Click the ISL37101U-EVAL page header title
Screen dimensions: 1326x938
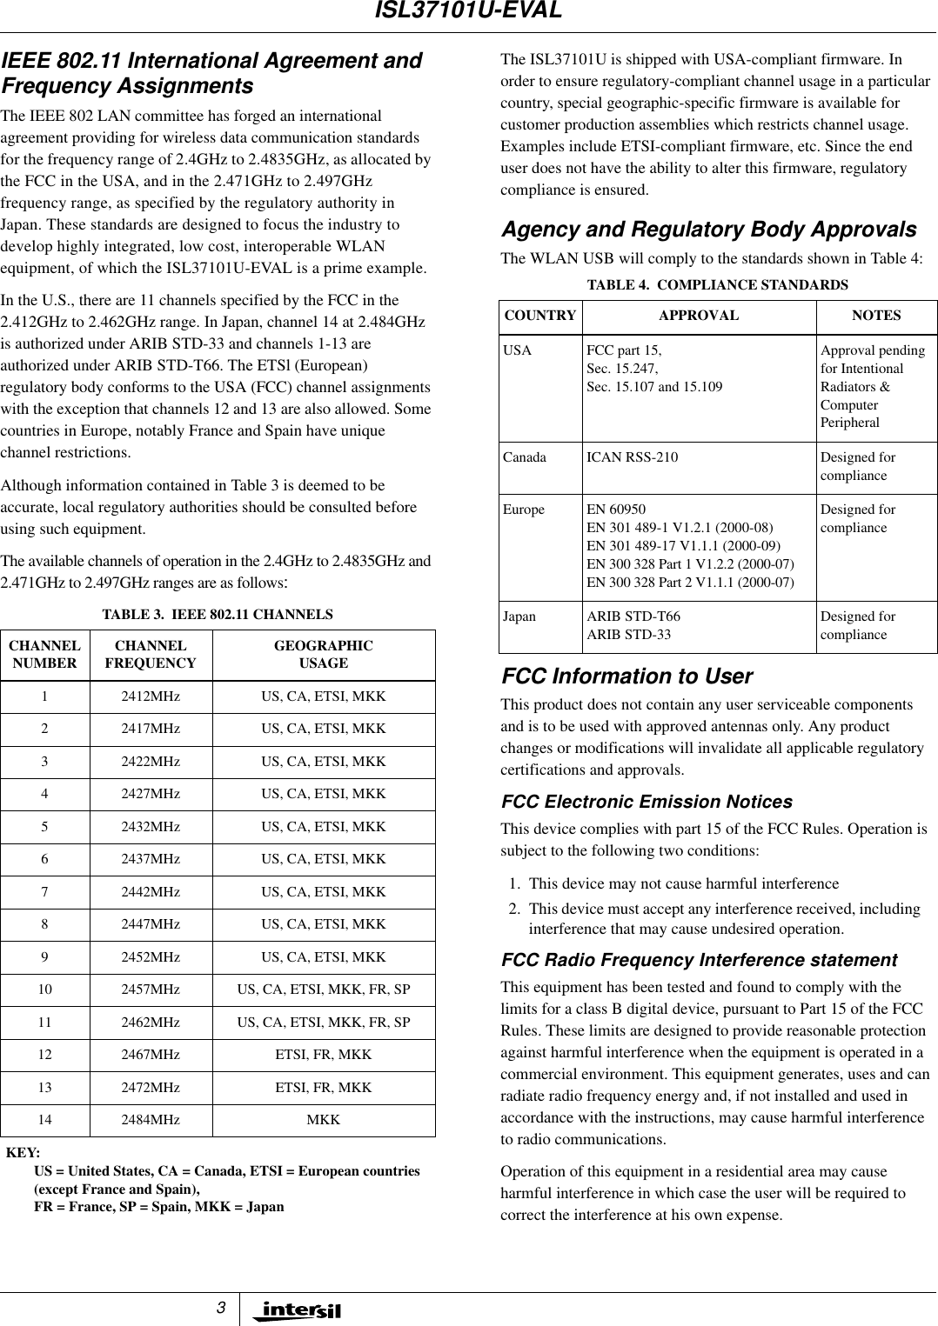pyautogui.click(x=468, y=11)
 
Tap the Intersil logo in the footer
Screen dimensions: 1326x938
pyautogui.click(x=297, y=1310)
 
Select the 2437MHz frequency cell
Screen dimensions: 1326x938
pyautogui.click(x=151, y=859)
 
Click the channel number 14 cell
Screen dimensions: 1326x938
pyautogui.click(x=44, y=1120)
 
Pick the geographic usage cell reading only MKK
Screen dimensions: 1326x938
pyautogui.click(x=323, y=1120)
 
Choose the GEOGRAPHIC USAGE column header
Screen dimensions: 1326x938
pyautogui.click(x=323, y=655)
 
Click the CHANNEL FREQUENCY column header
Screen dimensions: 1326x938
pyautogui.click(x=151, y=655)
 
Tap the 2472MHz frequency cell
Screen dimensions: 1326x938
pyautogui.click(x=151, y=1088)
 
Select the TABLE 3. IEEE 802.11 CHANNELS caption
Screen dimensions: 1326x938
pyautogui.click(x=218, y=615)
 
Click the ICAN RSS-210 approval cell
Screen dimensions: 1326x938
pyautogui.click(x=633, y=457)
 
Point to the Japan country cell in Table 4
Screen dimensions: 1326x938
pyautogui.click(x=519, y=616)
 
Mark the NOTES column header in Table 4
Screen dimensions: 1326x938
pyautogui.click(x=876, y=316)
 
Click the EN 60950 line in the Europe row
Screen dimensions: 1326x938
pyautogui.click(x=616, y=510)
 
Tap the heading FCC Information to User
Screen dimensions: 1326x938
pyautogui.click(x=626, y=676)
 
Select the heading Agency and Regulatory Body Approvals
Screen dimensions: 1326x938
pyautogui.click(x=708, y=230)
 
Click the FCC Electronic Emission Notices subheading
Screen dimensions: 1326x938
pyautogui.click(x=647, y=802)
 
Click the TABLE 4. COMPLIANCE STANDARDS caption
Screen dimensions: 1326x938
pyautogui.click(x=717, y=285)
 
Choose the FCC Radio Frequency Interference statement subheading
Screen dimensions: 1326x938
pyautogui.click(x=699, y=960)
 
